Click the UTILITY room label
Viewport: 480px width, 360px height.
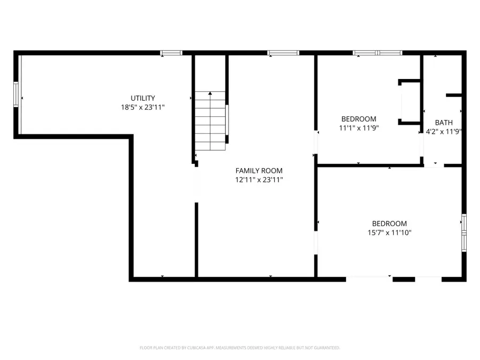[x=143, y=98]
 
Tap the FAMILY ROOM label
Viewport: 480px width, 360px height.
[x=259, y=171]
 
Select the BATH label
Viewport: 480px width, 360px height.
[x=443, y=122]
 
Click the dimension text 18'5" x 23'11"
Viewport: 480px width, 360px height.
[x=143, y=107]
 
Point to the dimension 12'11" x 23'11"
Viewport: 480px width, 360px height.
[x=259, y=180]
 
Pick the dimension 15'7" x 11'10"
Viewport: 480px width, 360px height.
[x=389, y=233]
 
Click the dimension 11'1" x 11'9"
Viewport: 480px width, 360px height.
[x=358, y=128]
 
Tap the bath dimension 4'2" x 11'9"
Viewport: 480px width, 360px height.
[x=443, y=131]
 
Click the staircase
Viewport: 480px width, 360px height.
[x=210, y=122]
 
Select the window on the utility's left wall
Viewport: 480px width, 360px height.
[x=17, y=98]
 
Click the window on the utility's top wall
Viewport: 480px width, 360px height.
[x=171, y=53]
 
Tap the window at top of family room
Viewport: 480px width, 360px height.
[x=283, y=53]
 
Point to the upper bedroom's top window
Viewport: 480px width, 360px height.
[x=377, y=53]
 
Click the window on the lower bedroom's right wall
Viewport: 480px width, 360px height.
[x=464, y=233]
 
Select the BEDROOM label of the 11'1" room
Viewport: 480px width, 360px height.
[x=358, y=119]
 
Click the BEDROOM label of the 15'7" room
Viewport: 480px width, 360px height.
[x=389, y=223]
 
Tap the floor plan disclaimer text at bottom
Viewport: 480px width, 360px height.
[x=240, y=348]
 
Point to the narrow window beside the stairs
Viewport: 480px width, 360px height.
[x=227, y=120]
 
